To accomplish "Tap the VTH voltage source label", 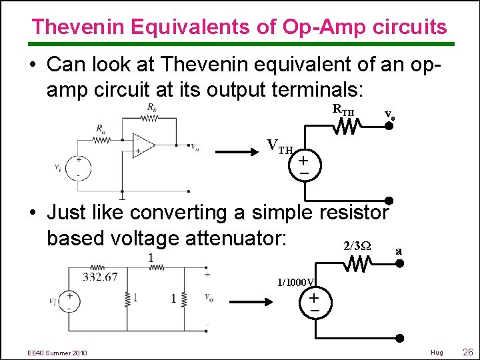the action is [280, 145].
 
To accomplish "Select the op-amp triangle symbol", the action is [143, 146].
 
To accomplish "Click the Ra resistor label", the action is [100, 128].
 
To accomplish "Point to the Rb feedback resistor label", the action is [151, 107].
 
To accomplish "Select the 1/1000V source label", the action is [297, 281].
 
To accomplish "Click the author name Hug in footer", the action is [437, 352].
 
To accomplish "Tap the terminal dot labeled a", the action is [400, 263].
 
